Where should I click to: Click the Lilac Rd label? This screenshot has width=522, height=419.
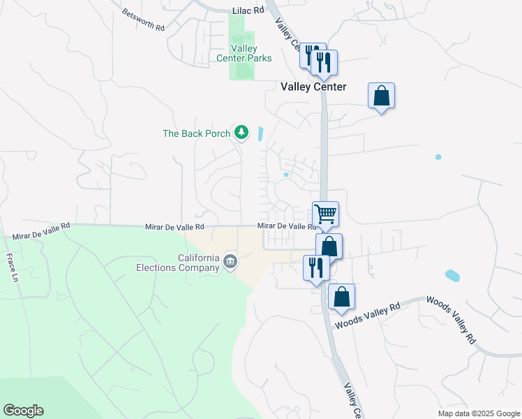[x=248, y=11]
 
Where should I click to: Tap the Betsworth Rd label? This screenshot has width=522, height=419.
[x=142, y=20]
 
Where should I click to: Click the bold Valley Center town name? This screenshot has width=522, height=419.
[x=313, y=87]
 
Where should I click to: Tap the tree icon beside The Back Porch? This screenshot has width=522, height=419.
[x=241, y=132]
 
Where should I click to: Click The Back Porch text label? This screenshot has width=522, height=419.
[x=196, y=133]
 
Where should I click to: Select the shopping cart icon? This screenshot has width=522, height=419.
[x=325, y=213]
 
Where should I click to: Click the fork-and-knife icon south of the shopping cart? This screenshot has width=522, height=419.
[x=316, y=267]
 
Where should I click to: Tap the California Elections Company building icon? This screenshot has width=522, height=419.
[x=230, y=262]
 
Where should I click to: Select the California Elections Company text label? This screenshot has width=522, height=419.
[x=178, y=261]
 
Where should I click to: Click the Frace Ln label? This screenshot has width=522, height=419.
[x=12, y=267]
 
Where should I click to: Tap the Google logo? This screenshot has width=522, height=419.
[x=23, y=411]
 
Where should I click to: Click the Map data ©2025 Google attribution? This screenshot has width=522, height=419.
[x=478, y=413]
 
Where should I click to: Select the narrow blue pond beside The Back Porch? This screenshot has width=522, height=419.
[x=261, y=133]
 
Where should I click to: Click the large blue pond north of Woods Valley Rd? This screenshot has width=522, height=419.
[x=452, y=275]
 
